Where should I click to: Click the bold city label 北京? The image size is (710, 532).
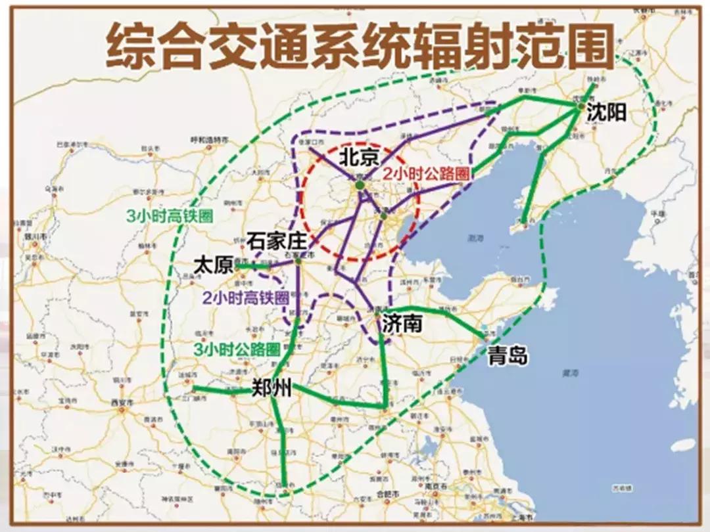(359, 158)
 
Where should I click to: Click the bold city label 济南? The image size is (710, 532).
(400, 323)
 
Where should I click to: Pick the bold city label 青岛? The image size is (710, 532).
(508, 356)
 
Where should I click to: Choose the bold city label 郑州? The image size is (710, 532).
(272, 388)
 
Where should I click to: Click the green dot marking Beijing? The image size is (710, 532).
(360, 186)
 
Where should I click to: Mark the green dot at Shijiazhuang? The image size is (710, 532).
(298, 261)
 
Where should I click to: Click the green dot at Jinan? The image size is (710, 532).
(387, 311)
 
